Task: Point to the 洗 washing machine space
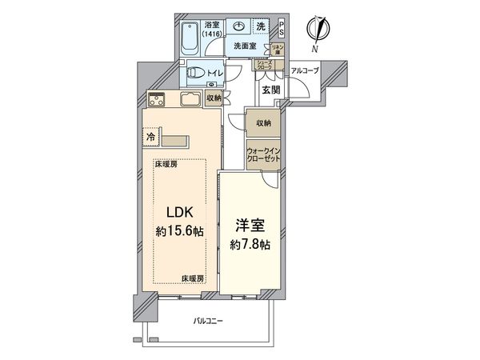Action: [x=261, y=26]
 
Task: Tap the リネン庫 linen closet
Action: [x=278, y=50]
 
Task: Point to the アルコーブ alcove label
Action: [x=305, y=70]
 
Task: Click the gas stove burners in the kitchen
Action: [x=156, y=102]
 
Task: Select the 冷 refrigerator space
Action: [x=150, y=137]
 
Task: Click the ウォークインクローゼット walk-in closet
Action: [x=263, y=154]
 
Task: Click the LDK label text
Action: [x=178, y=212]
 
